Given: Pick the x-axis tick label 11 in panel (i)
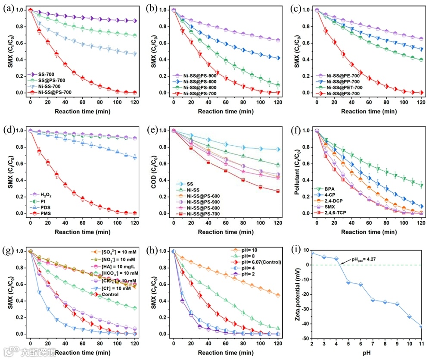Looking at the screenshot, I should [x=421, y=345].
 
